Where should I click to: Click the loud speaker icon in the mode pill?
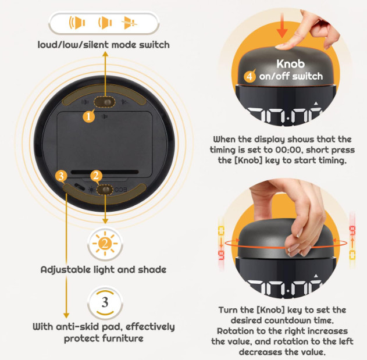click(77, 23)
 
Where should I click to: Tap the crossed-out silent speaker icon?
click(129, 23)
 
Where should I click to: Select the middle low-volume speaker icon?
click(105, 23)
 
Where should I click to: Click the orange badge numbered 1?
click(89, 116)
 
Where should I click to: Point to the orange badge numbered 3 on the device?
click(61, 176)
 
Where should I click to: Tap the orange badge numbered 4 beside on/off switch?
click(250, 76)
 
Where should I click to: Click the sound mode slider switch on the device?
click(105, 102)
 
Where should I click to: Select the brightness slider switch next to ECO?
click(105, 190)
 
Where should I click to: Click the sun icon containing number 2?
click(105, 244)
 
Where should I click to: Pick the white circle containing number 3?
click(105, 302)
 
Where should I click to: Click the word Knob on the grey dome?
click(290, 64)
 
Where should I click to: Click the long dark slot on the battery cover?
click(104, 172)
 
